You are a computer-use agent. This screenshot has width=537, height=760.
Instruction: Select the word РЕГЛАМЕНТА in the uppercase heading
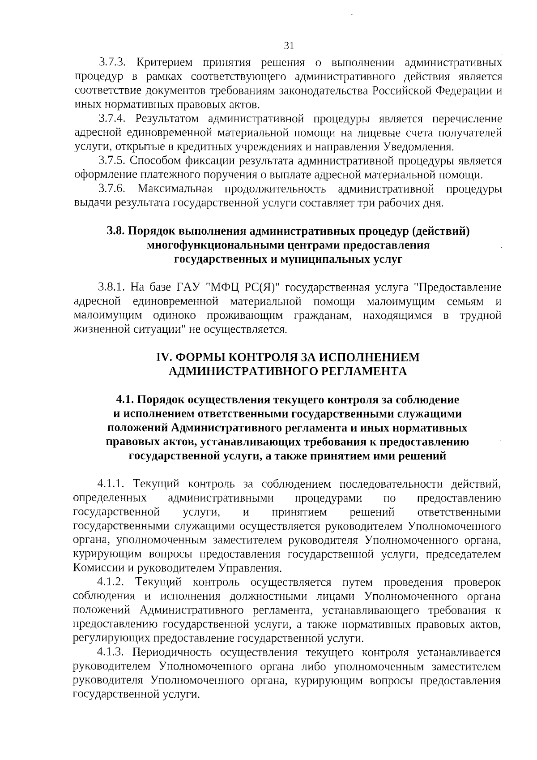click(364, 372)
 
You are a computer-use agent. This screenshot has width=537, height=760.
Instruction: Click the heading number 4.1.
click(125, 399)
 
